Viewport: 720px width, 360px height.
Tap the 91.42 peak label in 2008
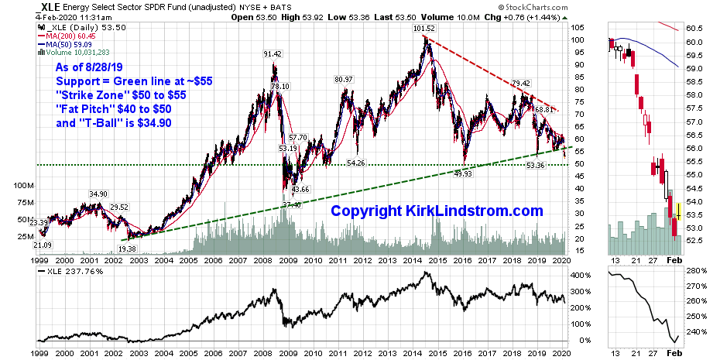pyautogui.click(x=272, y=54)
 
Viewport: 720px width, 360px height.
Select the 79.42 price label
pyautogui.click(x=520, y=83)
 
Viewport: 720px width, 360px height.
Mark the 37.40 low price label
pyautogui.click(x=291, y=204)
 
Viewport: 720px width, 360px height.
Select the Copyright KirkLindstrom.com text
pyautogui.click(x=437, y=211)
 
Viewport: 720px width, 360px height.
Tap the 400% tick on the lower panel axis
pyautogui.click(x=580, y=275)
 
